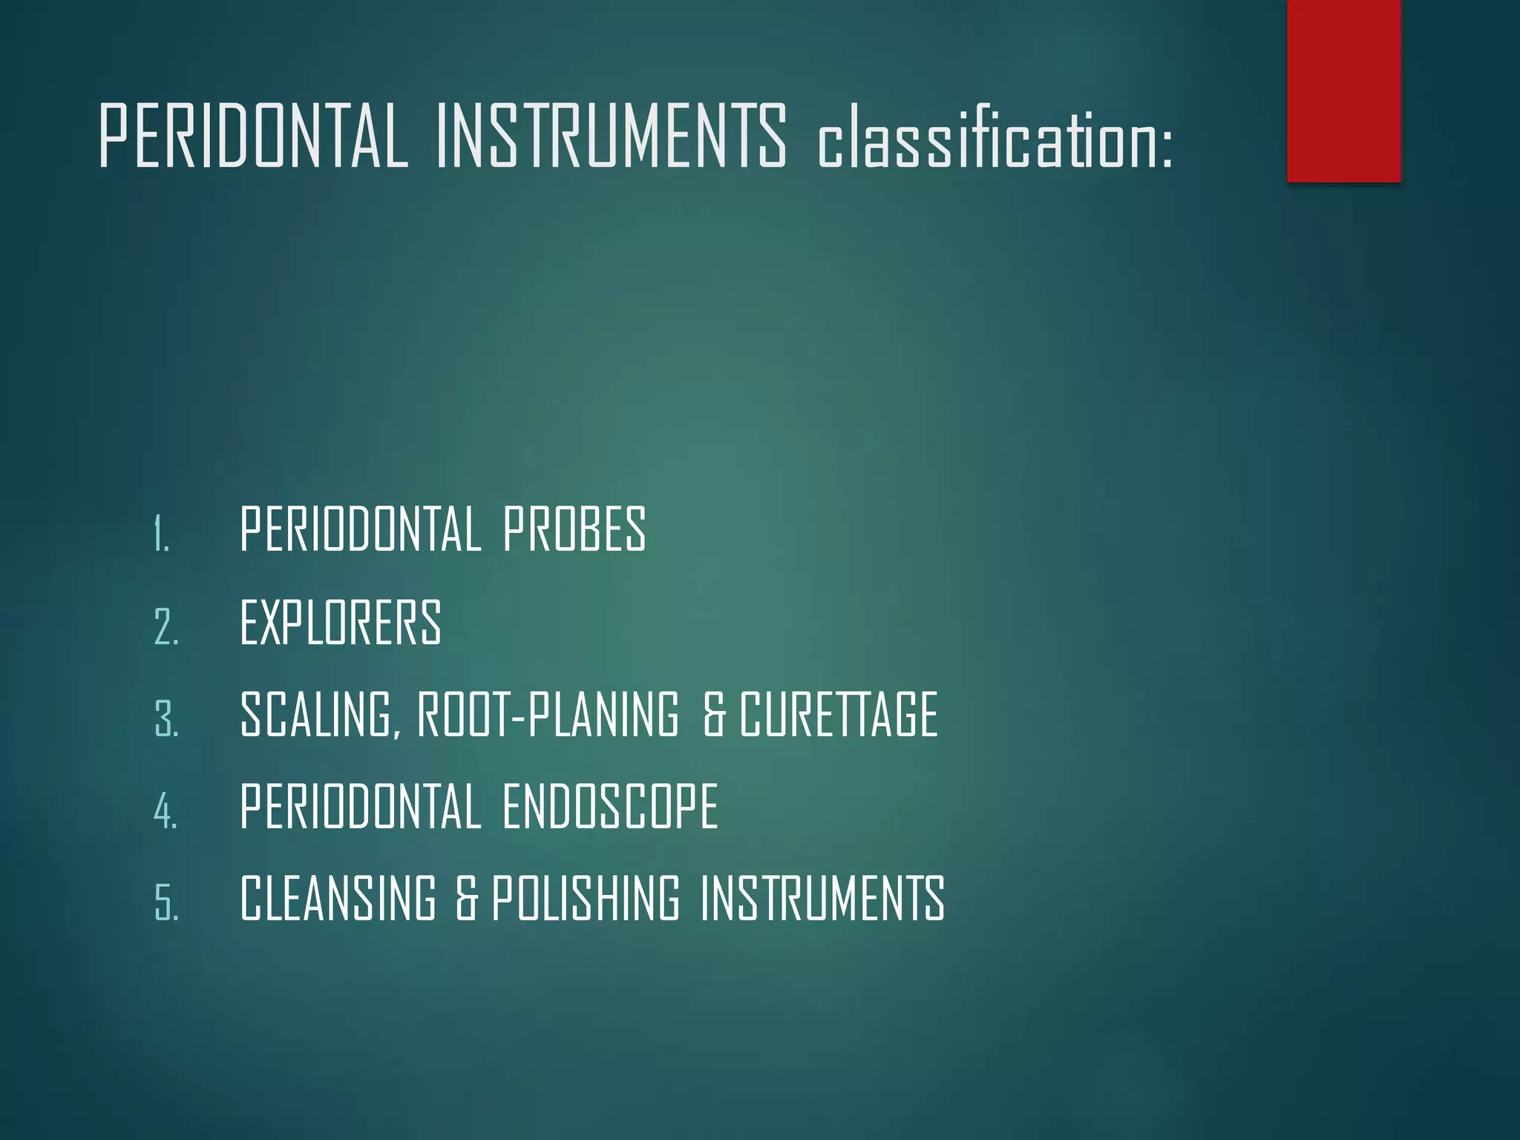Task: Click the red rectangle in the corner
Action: coord(1343,91)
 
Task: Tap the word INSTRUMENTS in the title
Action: coord(611,137)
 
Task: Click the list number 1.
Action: coord(162,534)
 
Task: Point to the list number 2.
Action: coord(166,626)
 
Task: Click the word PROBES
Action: coord(574,529)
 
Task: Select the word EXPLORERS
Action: coord(341,622)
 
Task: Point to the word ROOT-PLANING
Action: coord(548,714)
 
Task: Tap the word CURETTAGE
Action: coord(839,714)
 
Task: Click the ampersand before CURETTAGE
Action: coord(714,715)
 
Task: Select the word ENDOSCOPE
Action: coord(610,806)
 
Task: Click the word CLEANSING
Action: coord(338,898)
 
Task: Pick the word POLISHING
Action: coord(585,898)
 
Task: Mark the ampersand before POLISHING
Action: coord(466,899)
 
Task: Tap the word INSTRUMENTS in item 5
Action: coord(822,898)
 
